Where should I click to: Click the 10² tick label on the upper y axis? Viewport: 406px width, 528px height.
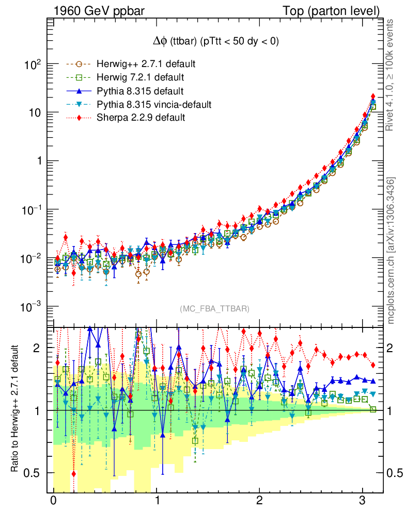33,65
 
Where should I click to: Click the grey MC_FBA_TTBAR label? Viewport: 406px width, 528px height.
215,309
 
